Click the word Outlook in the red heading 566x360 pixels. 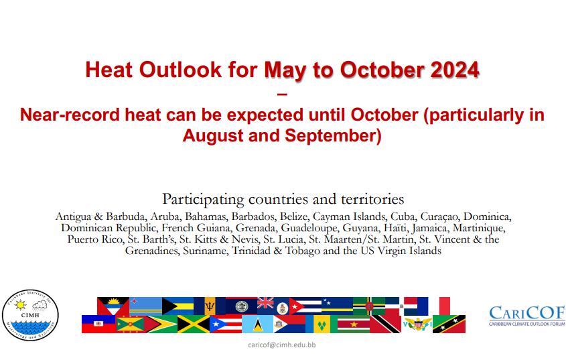[x=180, y=70]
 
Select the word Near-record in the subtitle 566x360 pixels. [x=70, y=115]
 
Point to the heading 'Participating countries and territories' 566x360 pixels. [x=283, y=199]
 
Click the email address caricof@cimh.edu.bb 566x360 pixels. [x=281, y=345]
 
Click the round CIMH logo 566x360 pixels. [x=30, y=315]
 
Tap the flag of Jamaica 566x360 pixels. [x=194, y=324]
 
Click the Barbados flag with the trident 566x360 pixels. [x=210, y=306]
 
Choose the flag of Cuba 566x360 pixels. [x=305, y=306]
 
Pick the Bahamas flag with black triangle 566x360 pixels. [x=178, y=306]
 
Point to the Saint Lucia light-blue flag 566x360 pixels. [x=257, y=324]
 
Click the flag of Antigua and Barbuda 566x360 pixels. [x=113, y=306]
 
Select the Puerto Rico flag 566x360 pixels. [x=226, y=324]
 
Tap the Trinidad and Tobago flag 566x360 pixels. [x=385, y=324]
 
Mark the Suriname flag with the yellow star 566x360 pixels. [x=354, y=324]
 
